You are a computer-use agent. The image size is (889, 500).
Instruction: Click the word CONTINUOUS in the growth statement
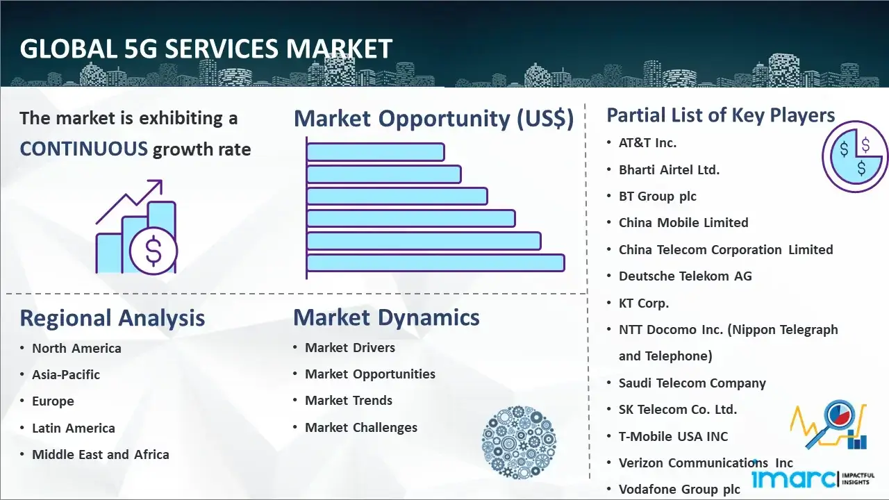84,149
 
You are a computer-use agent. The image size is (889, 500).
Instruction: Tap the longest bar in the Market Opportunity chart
435,263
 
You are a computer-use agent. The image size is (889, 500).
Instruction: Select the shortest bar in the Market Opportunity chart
375,152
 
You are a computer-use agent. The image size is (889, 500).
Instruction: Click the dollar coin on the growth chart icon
153,251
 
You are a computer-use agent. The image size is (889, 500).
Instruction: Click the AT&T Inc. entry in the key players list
647,143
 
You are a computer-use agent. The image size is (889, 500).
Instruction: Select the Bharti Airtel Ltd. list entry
669,170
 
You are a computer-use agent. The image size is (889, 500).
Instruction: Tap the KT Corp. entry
644,303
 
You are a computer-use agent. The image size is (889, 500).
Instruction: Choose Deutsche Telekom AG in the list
685,276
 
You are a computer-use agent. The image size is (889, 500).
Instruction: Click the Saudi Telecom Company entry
692,383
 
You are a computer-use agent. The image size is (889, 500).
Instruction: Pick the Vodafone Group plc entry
679,490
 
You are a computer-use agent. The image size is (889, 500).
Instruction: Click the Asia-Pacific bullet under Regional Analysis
66,374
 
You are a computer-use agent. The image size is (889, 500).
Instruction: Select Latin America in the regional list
74,428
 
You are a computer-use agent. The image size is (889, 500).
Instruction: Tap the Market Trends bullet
349,401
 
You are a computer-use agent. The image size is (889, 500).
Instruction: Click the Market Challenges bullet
360,427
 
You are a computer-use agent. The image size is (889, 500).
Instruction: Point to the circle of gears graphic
519,442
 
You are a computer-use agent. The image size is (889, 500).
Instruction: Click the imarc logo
813,478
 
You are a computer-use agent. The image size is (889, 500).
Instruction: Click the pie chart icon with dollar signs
854,156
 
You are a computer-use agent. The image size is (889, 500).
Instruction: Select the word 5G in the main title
140,49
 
